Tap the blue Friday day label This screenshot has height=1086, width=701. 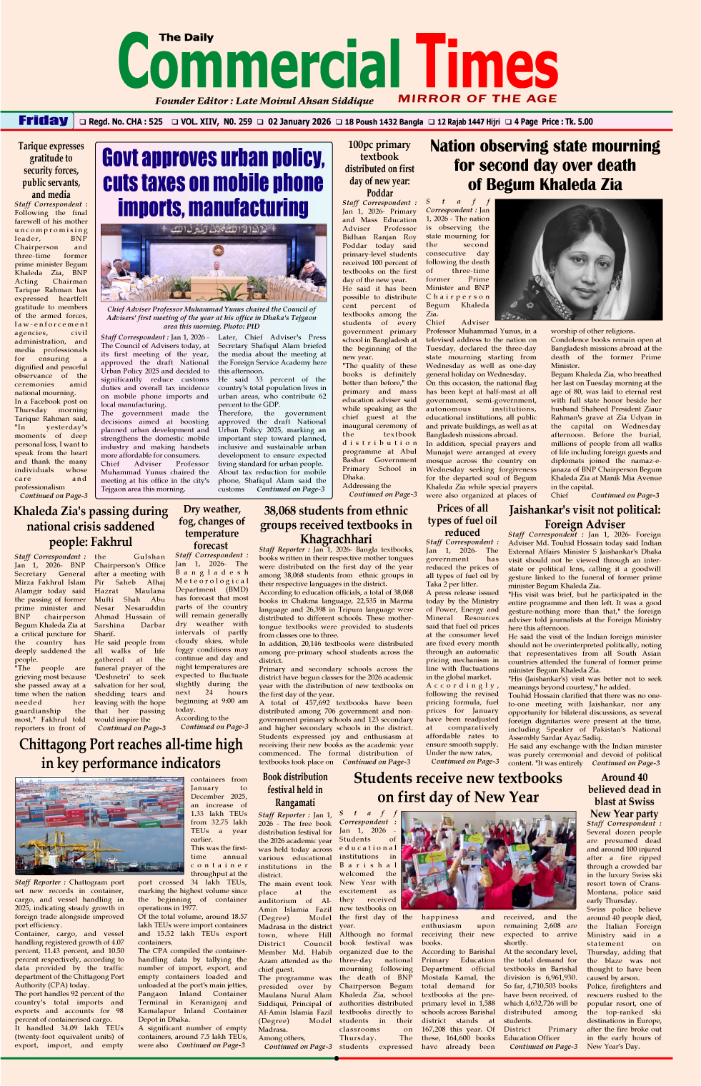pos(43,121)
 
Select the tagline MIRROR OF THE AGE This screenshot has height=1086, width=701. pos(477,99)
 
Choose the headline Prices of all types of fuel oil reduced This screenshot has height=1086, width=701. pos(462,520)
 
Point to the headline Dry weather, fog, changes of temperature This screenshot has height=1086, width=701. pos(212,527)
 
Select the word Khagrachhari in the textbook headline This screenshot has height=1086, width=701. pos(336,539)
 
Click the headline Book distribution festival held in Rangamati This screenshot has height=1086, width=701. pos(295,789)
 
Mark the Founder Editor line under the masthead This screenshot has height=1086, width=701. pos(264,101)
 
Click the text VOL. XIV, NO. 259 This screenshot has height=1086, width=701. pos(217,121)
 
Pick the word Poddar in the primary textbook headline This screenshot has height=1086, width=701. pos(379,193)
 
